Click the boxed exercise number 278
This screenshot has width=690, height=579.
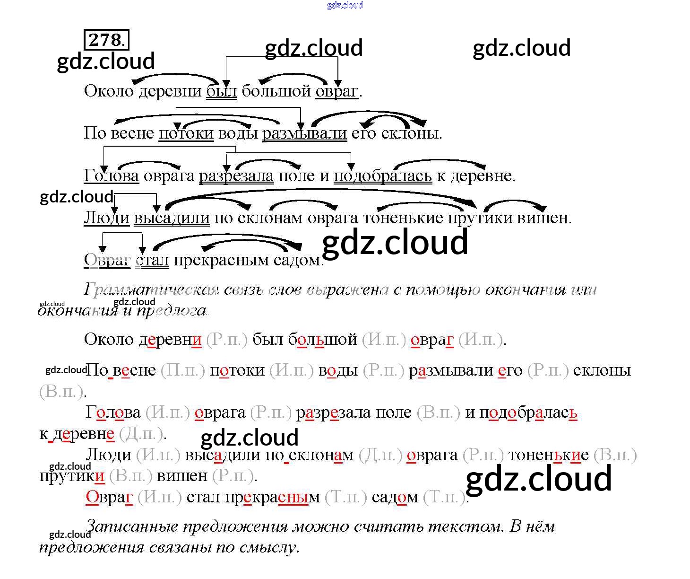tap(106, 40)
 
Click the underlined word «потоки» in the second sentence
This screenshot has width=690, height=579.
tap(186, 133)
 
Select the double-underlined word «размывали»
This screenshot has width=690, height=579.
tap(304, 133)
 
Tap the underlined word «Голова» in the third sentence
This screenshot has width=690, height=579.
tap(111, 176)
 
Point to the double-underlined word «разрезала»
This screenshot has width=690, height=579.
tap(236, 176)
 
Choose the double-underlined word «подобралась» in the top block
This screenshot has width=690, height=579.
tap(382, 176)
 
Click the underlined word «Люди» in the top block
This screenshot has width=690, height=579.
tap(106, 218)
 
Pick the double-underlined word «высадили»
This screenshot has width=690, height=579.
tap(172, 218)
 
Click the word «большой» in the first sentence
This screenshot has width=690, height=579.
tap(276, 91)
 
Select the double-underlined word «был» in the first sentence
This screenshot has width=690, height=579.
tap(221, 91)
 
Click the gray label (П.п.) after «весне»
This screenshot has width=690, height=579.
tap(182, 370)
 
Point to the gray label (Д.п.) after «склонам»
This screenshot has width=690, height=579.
tap(380, 455)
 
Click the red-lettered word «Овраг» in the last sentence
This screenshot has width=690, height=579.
tap(109, 497)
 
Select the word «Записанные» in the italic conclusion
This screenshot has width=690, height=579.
tap(133, 526)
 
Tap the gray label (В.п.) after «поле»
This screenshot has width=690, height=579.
tap(438, 412)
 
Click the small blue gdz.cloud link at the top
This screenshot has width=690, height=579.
tap(345, 5)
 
